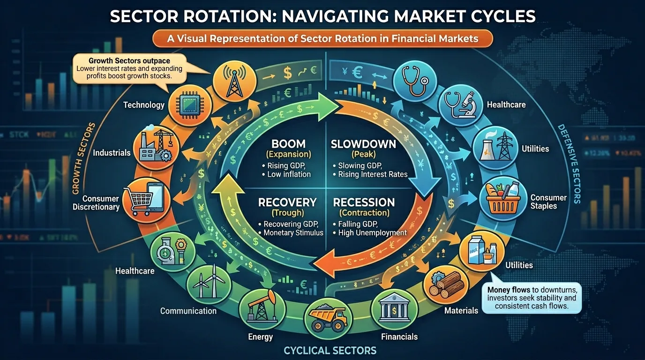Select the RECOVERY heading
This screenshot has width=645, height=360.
click(287, 202)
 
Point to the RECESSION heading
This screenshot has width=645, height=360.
click(364, 202)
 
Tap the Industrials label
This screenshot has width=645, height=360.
click(112, 153)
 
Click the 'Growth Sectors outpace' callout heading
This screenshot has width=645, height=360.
click(129, 61)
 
